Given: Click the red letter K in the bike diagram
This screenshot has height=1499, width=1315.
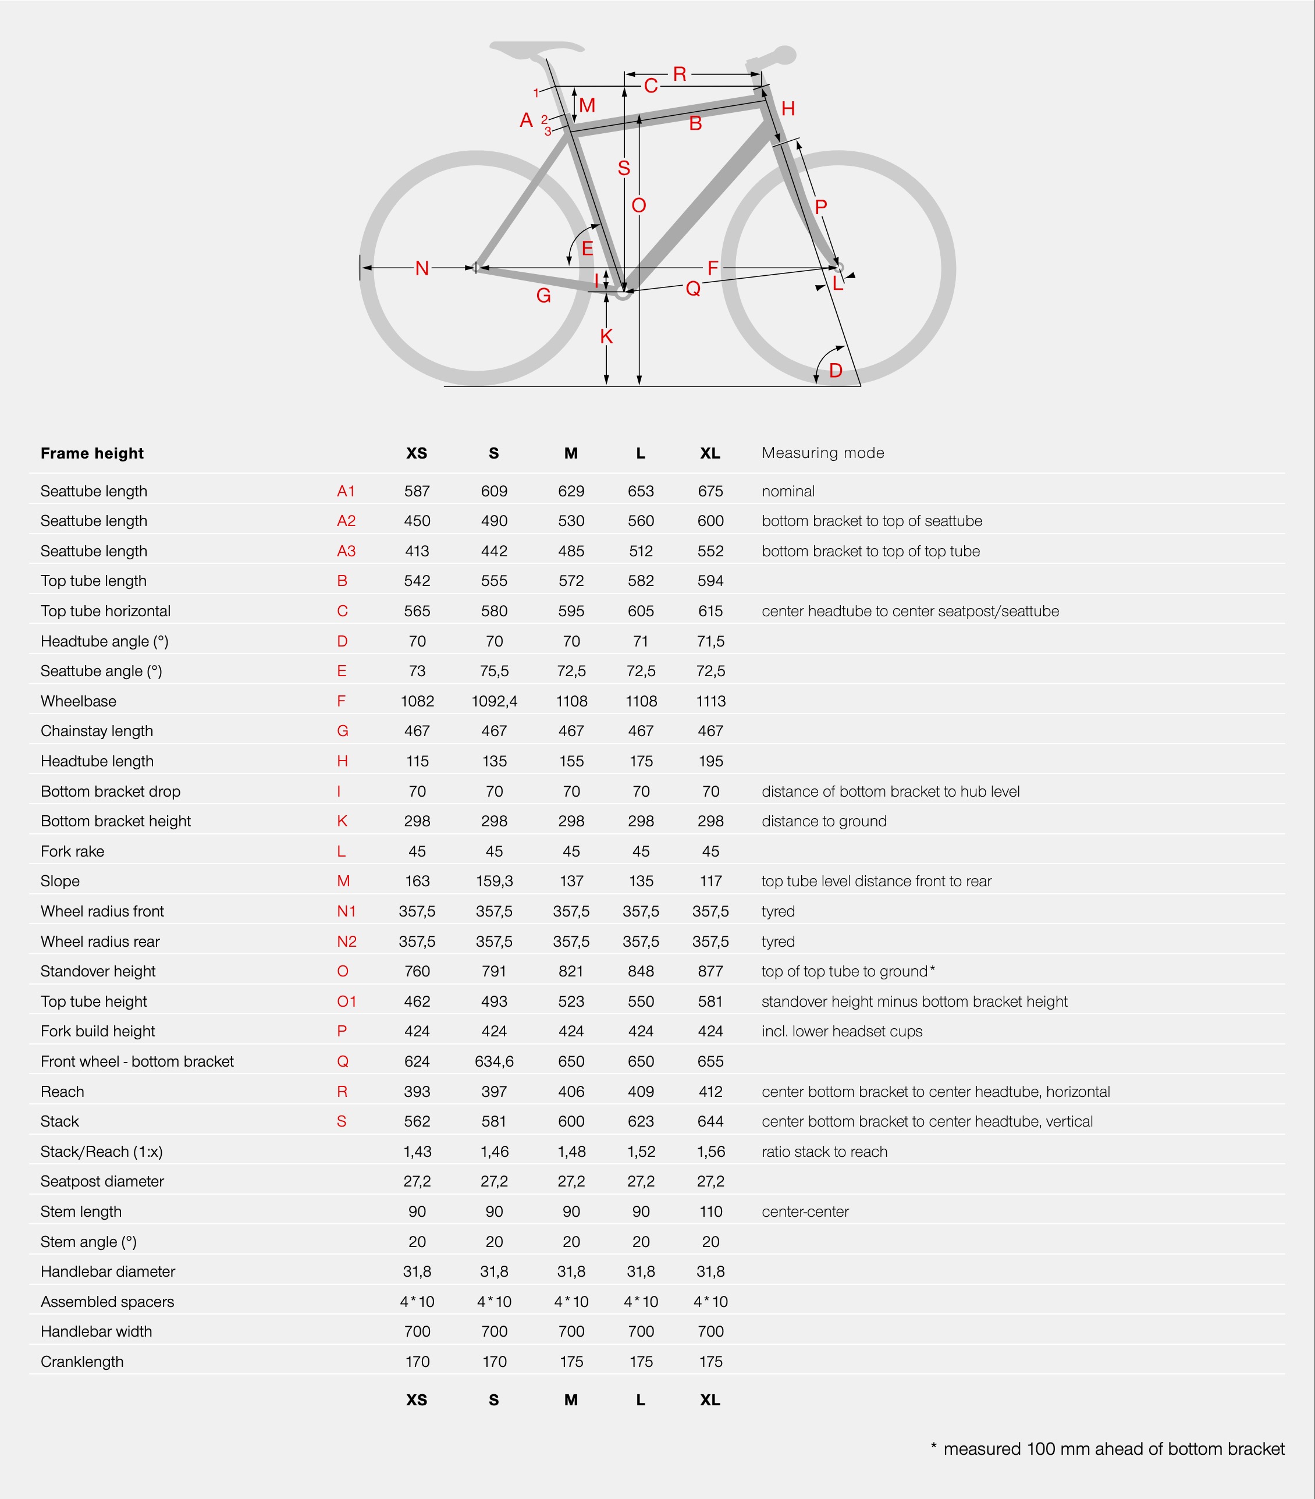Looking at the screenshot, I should tap(606, 336).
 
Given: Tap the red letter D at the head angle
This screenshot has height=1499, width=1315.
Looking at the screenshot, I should tap(836, 370).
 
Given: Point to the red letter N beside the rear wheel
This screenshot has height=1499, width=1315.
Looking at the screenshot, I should tap(422, 268).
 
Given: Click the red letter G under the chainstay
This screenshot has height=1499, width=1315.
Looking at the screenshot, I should tap(543, 296).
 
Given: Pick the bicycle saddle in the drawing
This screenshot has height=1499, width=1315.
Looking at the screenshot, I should tap(536, 48).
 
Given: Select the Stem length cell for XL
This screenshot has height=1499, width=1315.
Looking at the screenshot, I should tap(710, 1212).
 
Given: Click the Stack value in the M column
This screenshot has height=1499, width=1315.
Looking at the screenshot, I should tap(571, 1121).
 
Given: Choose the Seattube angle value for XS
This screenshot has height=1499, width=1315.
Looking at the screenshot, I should tap(417, 671).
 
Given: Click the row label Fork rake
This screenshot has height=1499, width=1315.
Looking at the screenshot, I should tap(73, 851).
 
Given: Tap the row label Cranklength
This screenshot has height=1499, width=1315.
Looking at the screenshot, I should tap(82, 1362).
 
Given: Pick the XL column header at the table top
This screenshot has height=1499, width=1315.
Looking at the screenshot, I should tap(709, 453).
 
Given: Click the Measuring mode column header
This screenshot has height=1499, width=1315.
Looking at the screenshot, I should tap(823, 453).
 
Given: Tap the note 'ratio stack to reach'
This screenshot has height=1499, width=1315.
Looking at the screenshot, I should tap(824, 1152).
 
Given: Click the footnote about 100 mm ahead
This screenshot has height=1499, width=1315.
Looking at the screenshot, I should tap(1107, 1449).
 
